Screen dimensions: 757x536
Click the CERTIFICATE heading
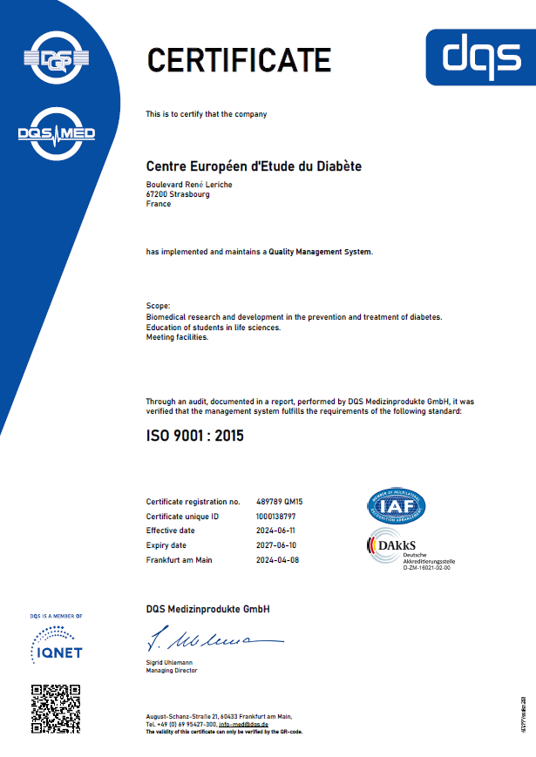click(x=239, y=59)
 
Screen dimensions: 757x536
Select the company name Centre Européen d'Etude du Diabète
click(x=254, y=166)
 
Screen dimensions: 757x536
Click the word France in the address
click(x=159, y=203)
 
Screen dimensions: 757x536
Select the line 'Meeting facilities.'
click(x=177, y=337)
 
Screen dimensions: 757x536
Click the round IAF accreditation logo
click(x=396, y=506)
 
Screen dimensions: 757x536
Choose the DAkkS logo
click(x=394, y=546)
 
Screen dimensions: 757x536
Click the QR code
click(x=56, y=707)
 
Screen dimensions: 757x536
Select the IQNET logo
click(x=56, y=645)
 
